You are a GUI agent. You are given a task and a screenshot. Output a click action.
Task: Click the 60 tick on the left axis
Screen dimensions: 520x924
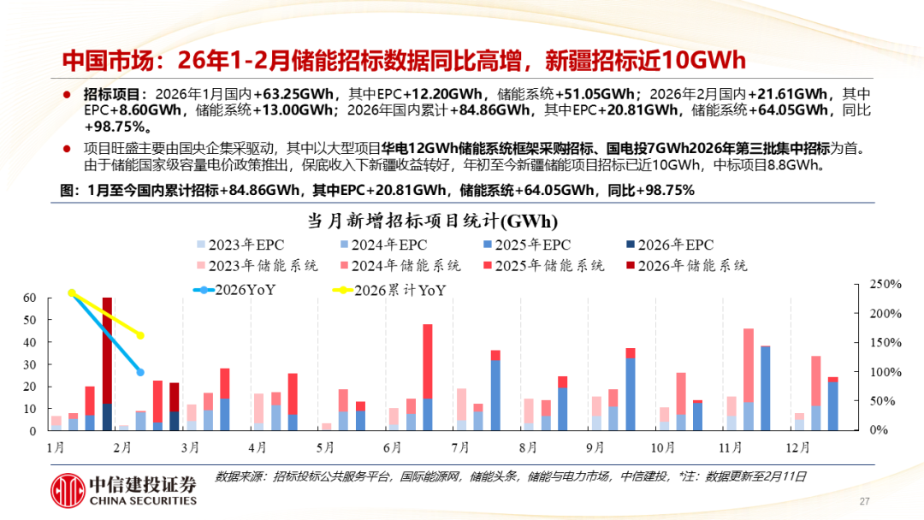click(x=30, y=298)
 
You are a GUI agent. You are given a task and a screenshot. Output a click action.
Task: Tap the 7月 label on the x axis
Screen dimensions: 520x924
click(x=460, y=447)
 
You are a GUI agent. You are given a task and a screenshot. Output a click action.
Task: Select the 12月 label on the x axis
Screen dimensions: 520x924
click(x=798, y=447)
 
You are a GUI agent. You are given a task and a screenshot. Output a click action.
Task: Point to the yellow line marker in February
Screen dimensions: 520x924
click(x=140, y=335)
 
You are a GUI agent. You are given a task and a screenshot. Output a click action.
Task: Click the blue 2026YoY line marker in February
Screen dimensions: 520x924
click(x=140, y=372)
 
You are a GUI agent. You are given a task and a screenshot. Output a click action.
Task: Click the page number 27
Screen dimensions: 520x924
click(x=864, y=501)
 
